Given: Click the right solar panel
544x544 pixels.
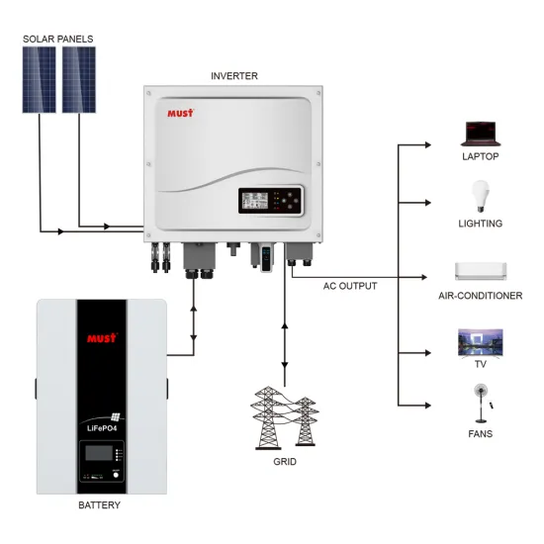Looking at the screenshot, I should [x=78, y=81].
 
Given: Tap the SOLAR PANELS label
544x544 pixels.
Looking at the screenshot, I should [x=58, y=39].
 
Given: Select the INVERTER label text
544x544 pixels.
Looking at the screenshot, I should [x=235, y=75].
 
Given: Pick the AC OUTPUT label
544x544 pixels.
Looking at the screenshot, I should [x=350, y=286].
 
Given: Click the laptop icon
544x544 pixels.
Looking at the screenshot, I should [x=481, y=133].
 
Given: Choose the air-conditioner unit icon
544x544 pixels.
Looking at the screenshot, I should [x=481, y=270].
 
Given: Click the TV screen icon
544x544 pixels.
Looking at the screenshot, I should [x=481, y=342].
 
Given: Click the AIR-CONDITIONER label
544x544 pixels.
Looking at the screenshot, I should [x=482, y=296].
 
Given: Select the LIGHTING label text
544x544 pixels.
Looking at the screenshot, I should [x=482, y=224].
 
